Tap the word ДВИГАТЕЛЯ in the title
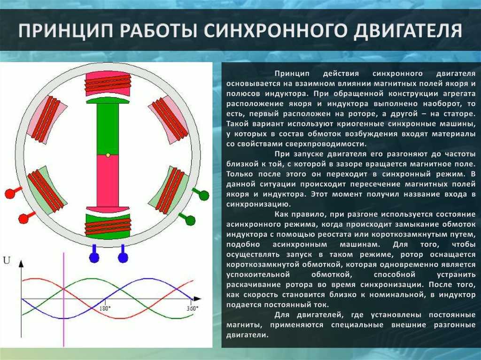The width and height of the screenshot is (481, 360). pos(408,31)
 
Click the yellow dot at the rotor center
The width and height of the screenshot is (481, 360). pos(108,155)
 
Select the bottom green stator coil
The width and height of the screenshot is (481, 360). pos(108,226)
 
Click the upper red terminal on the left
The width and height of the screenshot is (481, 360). pos(12,192)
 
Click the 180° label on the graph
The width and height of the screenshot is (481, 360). pos(105,308)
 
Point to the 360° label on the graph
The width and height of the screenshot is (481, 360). pos(193,308)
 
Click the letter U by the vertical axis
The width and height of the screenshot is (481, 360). pos(7,260)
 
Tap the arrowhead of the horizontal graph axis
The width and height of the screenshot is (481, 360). pos(197,299)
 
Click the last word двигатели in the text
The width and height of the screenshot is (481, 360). pos(247,335)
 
